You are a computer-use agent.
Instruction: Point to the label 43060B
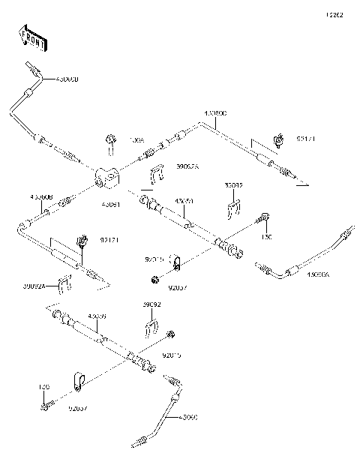point(40,196)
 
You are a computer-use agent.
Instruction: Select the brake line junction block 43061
point(108,176)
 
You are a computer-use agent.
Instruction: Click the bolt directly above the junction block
point(110,139)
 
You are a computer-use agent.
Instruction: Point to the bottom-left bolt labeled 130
point(44,408)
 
